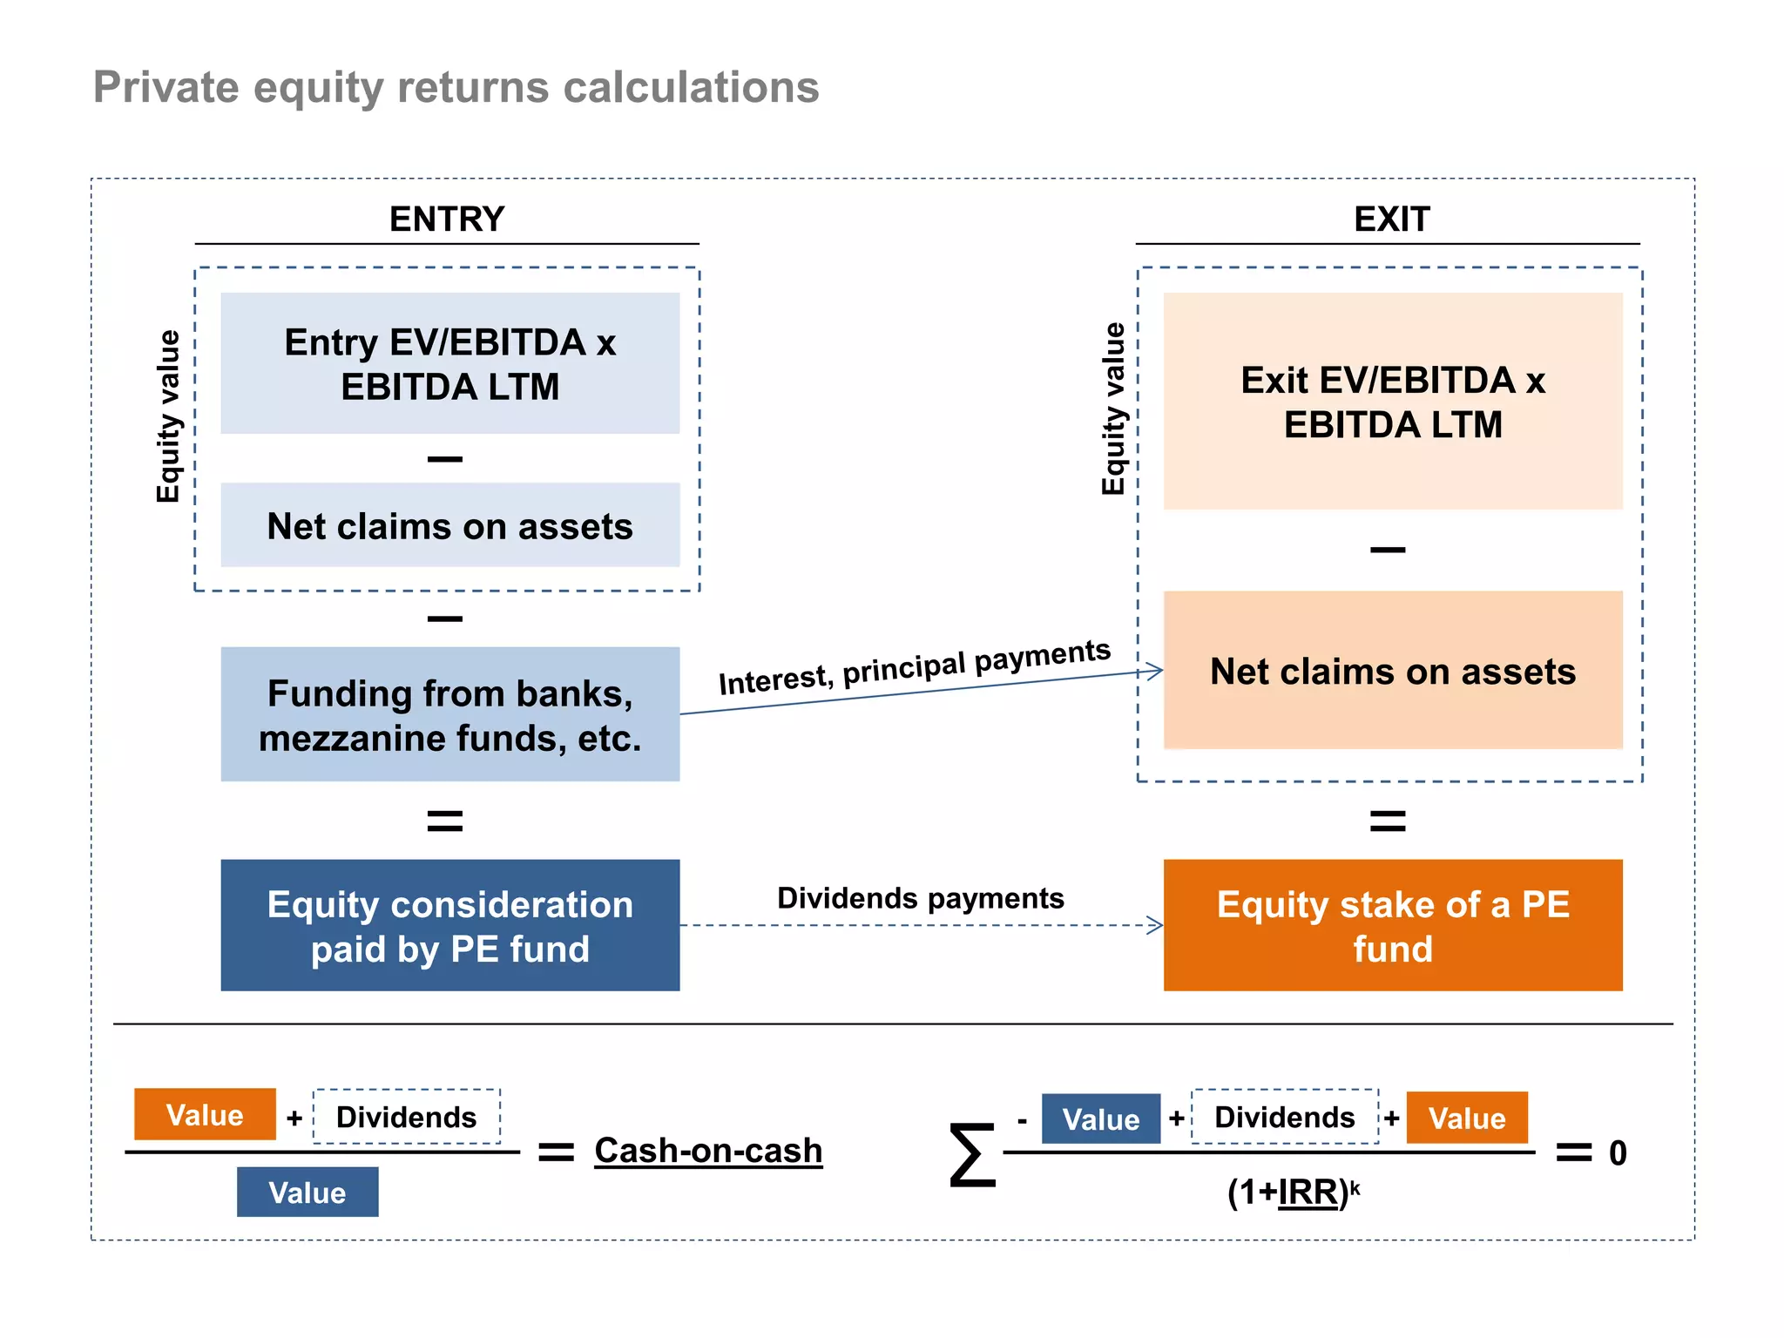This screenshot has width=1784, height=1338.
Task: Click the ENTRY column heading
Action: (x=446, y=219)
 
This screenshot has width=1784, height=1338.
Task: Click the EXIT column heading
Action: (x=1391, y=219)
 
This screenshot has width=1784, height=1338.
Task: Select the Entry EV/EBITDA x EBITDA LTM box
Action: (x=449, y=363)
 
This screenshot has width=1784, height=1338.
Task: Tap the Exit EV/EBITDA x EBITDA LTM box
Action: (x=1392, y=402)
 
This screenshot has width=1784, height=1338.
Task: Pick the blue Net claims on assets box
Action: (x=449, y=525)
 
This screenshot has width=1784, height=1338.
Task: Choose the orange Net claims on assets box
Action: (x=1392, y=671)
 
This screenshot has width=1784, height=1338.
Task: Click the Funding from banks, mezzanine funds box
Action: (x=449, y=714)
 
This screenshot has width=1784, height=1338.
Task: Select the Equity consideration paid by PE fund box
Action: (x=449, y=925)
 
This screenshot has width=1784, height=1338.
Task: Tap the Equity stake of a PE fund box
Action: (x=1392, y=925)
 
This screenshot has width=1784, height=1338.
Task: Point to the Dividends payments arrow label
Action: (x=920, y=898)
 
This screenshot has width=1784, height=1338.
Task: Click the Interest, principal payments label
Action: (x=914, y=667)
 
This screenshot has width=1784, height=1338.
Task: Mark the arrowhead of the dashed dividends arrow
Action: (x=1156, y=925)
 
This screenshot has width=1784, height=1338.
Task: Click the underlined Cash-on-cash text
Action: (x=707, y=1151)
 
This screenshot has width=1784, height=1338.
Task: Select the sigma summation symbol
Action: (x=972, y=1155)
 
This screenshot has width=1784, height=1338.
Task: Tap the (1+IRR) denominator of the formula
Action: (x=1293, y=1192)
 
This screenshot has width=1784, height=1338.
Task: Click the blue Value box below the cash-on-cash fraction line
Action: (x=307, y=1193)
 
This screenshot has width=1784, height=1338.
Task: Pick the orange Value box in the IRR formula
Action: (x=1467, y=1118)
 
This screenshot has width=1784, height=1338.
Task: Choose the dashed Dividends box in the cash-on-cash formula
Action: (x=406, y=1117)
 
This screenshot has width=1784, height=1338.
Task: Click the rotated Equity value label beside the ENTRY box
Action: (x=168, y=416)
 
